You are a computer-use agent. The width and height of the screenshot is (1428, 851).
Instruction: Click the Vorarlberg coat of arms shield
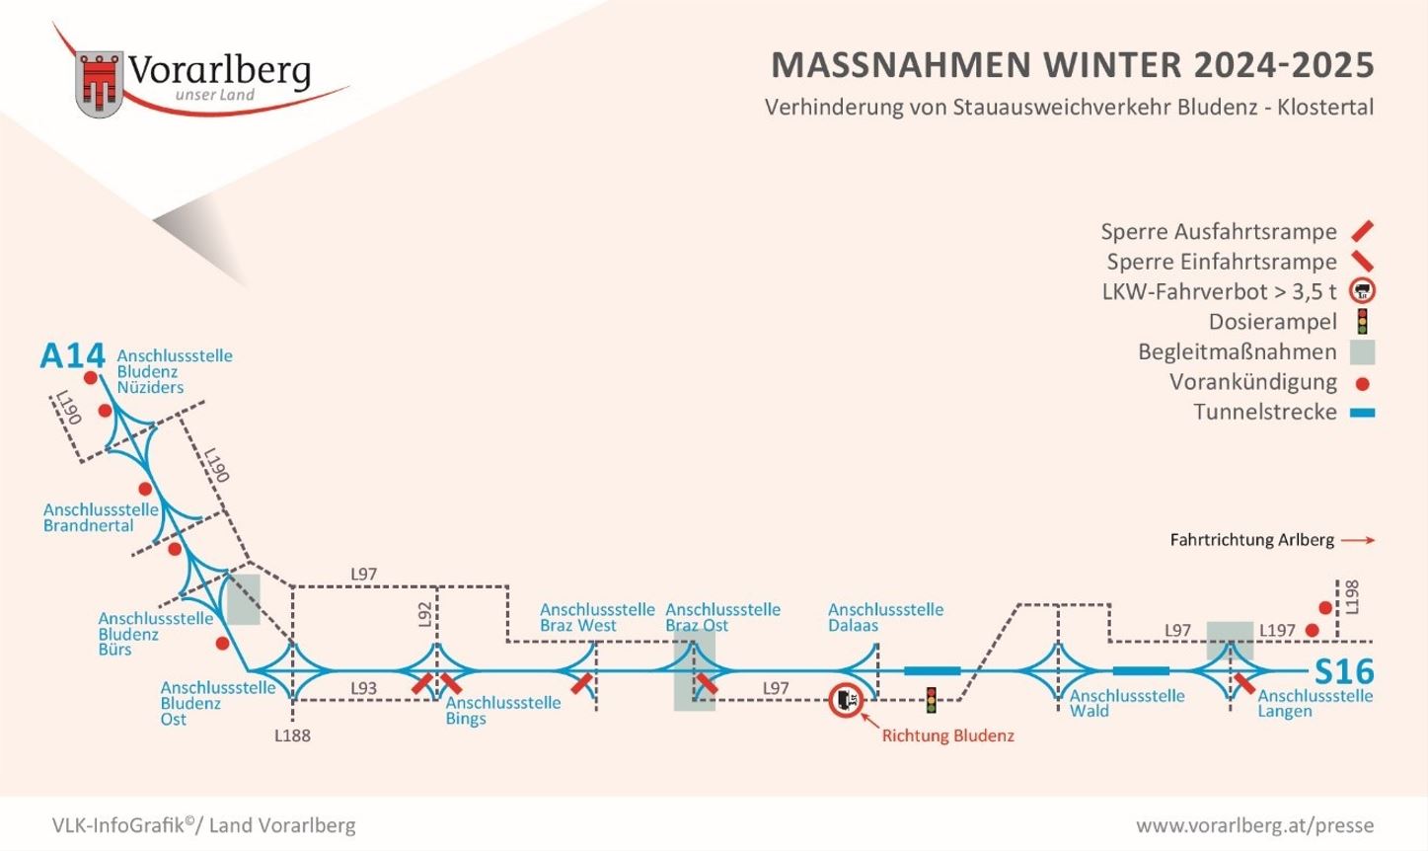[x=99, y=84]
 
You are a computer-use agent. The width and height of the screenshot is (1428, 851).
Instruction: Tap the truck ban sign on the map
[x=846, y=701]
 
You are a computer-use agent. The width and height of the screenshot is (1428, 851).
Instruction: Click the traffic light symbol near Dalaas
[x=932, y=701]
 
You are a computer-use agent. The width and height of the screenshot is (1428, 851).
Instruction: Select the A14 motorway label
[x=72, y=356]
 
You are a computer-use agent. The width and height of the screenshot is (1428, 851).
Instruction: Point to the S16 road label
[x=1344, y=671]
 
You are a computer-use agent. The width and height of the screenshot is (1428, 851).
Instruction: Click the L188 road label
[x=293, y=735]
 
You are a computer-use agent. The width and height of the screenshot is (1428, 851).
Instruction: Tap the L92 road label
[x=425, y=614]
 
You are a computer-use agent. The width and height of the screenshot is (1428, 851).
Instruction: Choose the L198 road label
[x=1351, y=597]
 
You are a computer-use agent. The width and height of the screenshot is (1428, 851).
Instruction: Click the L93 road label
[x=363, y=688]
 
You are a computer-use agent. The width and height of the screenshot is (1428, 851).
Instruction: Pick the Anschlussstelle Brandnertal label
[x=101, y=517]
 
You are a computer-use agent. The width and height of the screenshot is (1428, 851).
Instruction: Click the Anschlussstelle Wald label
[x=1127, y=703]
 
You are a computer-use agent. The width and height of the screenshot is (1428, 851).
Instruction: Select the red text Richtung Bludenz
[x=948, y=735]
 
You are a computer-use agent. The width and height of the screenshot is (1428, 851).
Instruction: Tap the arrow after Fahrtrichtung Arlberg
[x=1358, y=540]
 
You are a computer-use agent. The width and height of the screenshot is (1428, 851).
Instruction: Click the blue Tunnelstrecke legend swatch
[x=1362, y=413]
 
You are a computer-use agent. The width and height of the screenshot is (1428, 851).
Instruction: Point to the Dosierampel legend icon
[x=1362, y=322]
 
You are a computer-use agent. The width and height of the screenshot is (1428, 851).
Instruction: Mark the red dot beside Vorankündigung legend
[x=1362, y=384]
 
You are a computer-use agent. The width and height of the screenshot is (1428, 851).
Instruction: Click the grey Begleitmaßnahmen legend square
[x=1362, y=352]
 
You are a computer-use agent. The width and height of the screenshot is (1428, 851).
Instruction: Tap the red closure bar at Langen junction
[x=1243, y=684]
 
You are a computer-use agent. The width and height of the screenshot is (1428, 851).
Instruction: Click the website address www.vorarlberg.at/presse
[x=1254, y=825]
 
